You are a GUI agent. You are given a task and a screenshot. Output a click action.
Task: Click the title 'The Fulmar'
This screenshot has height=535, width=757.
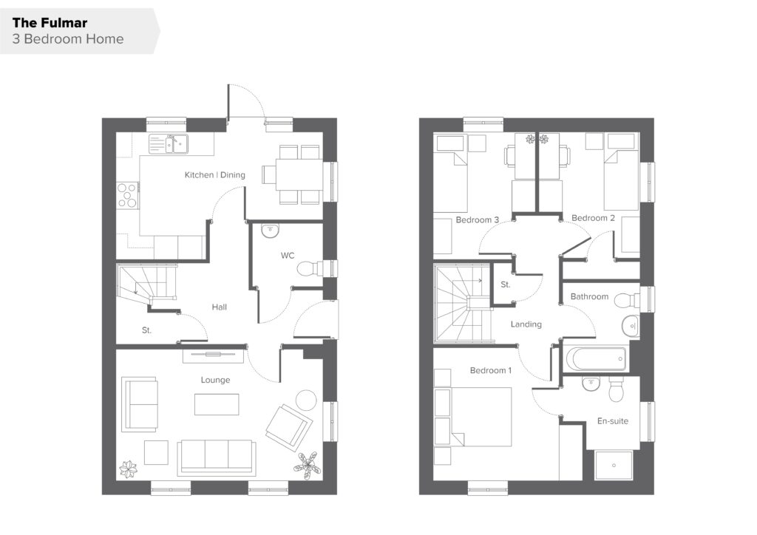pyautogui.click(x=50, y=23)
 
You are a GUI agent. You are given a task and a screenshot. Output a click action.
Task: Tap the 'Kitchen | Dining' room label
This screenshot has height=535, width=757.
pyautogui.click(x=215, y=174)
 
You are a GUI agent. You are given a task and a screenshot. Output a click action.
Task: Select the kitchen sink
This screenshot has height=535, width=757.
pyautogui.click(x=168, y=144)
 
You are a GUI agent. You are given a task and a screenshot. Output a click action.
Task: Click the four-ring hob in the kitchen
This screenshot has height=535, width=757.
pyautogui.click(x=127, y=195)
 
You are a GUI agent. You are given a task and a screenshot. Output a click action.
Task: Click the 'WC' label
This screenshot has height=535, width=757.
pyautogui.click(x=288, y=255)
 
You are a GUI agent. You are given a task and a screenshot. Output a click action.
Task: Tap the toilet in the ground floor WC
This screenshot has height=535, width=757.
pyautogui.click(x=310, y=268)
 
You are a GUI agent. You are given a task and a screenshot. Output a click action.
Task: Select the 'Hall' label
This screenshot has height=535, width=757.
pyautogui.click(x=219, y=307)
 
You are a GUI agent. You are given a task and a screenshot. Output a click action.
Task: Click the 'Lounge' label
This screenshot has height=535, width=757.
pyautogui.click(x=215, y=380)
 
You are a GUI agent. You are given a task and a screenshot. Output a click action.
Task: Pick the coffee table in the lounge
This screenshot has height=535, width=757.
pyautogui.click(x=217, y=404)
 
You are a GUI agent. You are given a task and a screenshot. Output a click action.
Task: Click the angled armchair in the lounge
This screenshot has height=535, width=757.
pyautogui.click(x=289, y=428)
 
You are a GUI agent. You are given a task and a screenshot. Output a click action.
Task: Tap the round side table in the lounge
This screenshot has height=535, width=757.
pyautogui.click(x=306, y=400)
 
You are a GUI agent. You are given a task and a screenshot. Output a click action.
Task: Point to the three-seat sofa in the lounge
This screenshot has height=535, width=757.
pyautogui.click(x=217, y=457)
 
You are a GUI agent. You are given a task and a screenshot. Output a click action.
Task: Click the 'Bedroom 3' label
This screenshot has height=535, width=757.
pyautogui.click(x=477, y=220)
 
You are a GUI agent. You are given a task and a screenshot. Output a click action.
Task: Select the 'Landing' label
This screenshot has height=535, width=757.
pyautogui.click(x=526, y=324)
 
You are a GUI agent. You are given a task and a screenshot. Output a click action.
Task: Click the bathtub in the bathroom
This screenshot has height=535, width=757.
pyautogui.click(x=597, y=359)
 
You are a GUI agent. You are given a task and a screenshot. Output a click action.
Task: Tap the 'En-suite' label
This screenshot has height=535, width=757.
pyautogui.click(x=613, y=421)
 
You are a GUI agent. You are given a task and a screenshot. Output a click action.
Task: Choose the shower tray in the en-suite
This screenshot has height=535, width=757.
pyautogui.click(x=614, y=466)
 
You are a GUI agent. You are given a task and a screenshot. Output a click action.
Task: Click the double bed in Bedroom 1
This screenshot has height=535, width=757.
pyautogui.click(x=481, y=417)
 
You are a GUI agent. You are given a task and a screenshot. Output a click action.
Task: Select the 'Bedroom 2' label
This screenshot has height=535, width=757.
pyautogui.click(x=594, y=218)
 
